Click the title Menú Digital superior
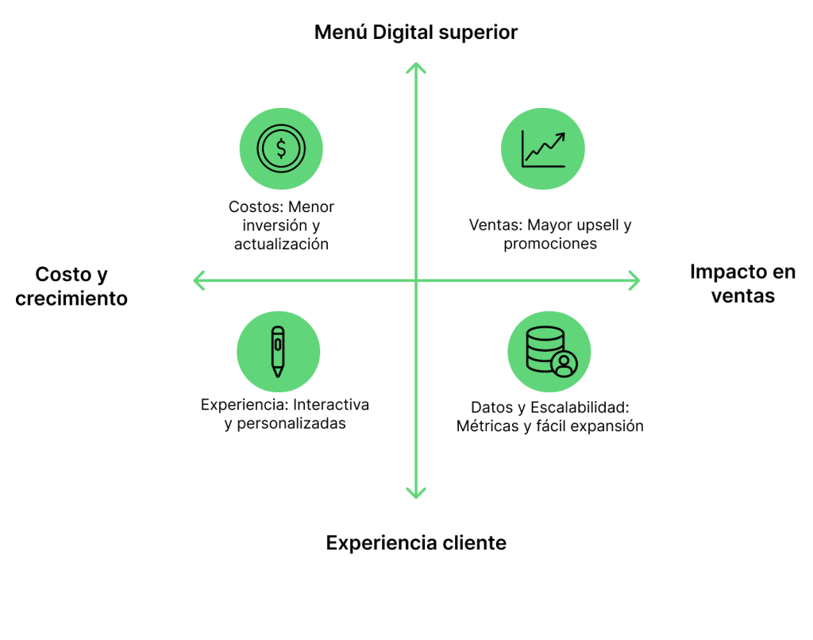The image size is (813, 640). pyautogui.click(x=415, y=33)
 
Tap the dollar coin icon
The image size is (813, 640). pyautogui.click(x=281, y=148)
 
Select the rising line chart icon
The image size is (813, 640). pyautogui.click(x=543, y=148)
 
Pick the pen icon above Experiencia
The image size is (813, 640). pyautogui.click(x=277, y=351)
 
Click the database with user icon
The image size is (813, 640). pyautogui.click(x=549, y=352)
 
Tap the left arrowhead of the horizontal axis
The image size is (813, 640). pyautogui.click(x=198, y=280)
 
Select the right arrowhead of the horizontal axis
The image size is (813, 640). pyautogui.click(x=634, y=280)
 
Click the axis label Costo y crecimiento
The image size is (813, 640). pyautogui.click(x=71, y=287)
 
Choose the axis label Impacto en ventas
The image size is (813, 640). pyautogui.click(x=742, y=284)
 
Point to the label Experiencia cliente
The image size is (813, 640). pyautogui.click(x=416, y=543)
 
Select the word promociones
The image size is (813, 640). pyautogui.click(x=550, y=244)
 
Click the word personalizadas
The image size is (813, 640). pyautogui.click(x=291, y=423)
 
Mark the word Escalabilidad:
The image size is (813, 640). pyautogui.click(x=579, y=407)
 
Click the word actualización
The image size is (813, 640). pyautogui.click(x=281, y=245)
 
